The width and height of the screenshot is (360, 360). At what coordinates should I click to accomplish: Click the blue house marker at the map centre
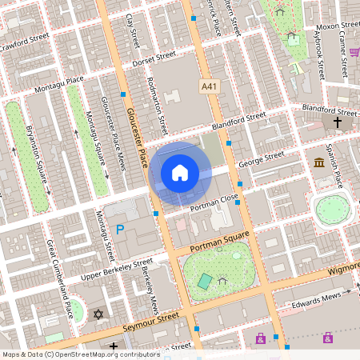[180, 172]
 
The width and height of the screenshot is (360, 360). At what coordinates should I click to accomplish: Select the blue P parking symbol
[121, 230]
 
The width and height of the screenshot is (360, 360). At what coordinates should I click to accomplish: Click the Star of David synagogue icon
[99, 314]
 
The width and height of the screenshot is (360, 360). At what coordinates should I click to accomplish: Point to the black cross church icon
[338, 122]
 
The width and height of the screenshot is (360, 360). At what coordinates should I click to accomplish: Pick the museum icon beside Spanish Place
[319, 163]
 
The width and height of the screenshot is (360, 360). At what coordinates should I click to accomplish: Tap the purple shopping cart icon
[354, 52]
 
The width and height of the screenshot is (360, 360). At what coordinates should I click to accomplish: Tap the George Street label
[262, 159]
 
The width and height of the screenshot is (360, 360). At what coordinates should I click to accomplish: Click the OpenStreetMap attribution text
[80, 354]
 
